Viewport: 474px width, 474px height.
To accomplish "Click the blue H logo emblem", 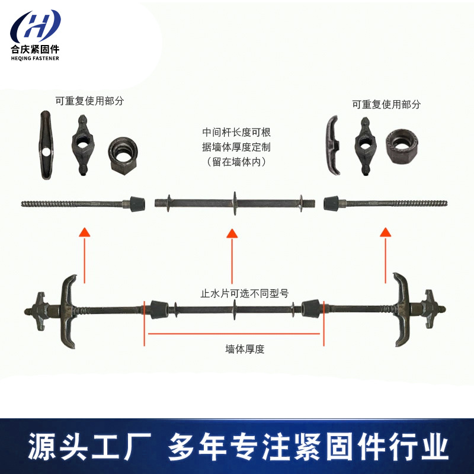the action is (x=36, y=25).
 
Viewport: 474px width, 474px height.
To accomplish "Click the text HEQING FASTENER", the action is (x=35, y=58).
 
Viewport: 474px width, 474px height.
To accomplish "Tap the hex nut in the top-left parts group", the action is (x=123, y=156).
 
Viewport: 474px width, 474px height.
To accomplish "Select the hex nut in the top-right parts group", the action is (x=402, y=146).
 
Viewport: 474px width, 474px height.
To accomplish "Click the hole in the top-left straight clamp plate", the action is (x=46, y=152).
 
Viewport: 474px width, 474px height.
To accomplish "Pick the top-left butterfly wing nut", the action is (x=83, y=145).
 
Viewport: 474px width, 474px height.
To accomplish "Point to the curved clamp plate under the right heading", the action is (x=333, y=145).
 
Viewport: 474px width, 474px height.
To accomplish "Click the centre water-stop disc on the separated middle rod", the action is (x=235, y=203).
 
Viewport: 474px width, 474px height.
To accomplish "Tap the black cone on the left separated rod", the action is (x=137, y=203).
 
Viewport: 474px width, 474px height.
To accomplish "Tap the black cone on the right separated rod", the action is (x=331, y=203).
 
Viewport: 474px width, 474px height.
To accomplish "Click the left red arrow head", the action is (x=85, y=232).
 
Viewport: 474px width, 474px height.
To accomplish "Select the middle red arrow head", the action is (x=232, y=233).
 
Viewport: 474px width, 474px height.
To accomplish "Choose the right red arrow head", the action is (x=386, y=232).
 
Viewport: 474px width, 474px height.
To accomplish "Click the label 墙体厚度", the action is (x=245, y=349).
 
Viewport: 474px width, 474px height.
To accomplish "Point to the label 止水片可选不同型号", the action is (x=245, y=293).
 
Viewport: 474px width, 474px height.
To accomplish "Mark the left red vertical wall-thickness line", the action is (x=144, y=324).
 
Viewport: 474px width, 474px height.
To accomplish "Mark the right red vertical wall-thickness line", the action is (x=324, y=324).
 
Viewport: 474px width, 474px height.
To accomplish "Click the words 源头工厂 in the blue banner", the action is (x=89, y=447).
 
